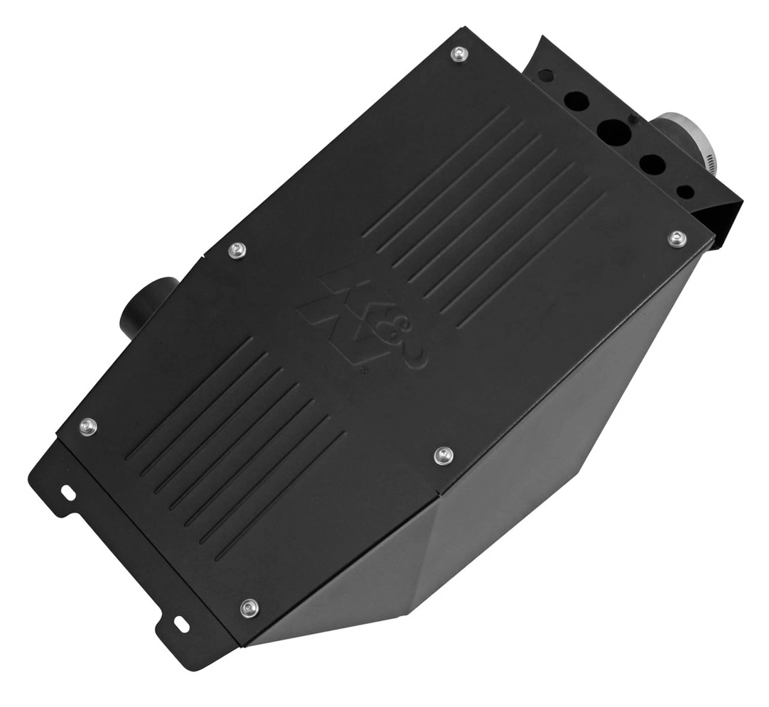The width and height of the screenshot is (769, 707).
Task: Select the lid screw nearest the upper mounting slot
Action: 87,425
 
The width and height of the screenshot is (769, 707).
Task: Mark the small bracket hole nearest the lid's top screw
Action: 544,74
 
